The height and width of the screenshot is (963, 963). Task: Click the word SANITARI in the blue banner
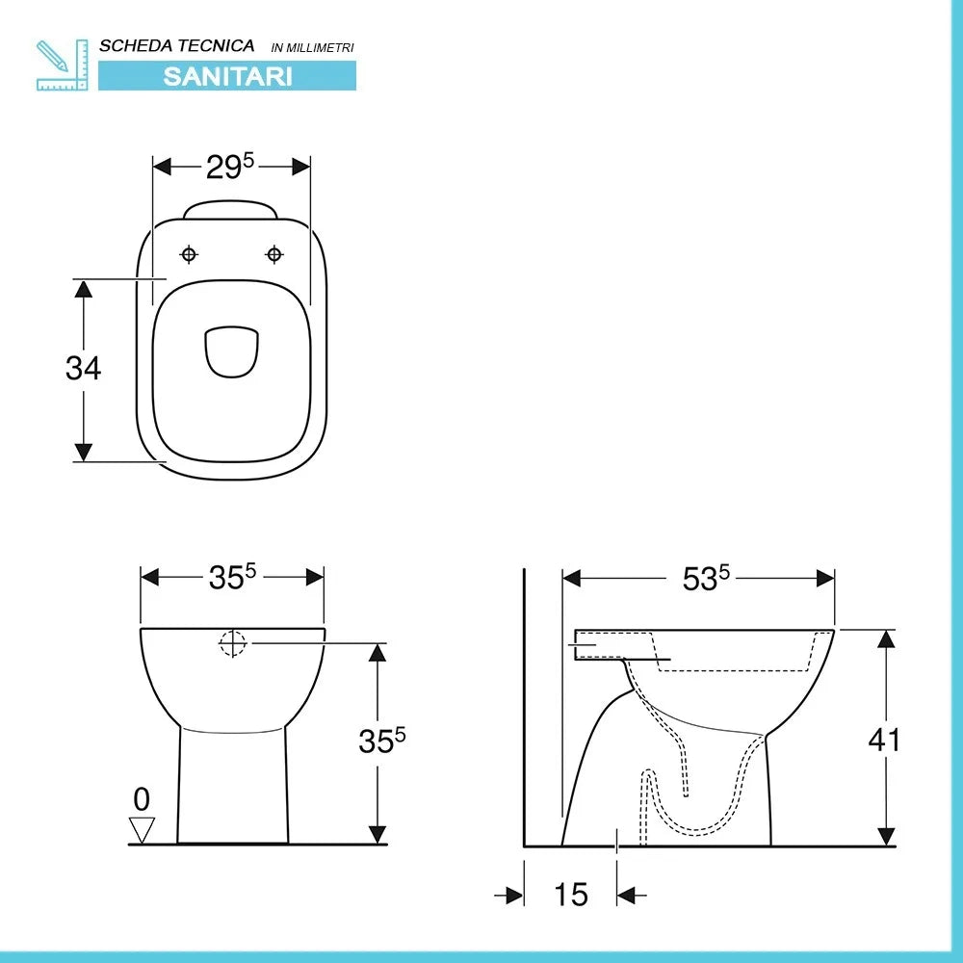(x=227, y=76)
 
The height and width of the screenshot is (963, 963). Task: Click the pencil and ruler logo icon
(x=62, y=65)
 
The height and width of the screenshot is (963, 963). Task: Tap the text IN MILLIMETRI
(x=313, y=47)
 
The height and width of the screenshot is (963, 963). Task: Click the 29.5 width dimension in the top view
(x=230, y=167)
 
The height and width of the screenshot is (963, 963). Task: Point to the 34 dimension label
(x=83, y=368)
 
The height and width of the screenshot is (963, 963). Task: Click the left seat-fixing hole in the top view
(x=189, y=254)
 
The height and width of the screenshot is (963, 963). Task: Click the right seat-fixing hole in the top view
(x=273, y=254)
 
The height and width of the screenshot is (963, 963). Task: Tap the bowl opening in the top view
(x=231, y=351)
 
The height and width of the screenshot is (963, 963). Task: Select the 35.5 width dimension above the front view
(x=232, y=577)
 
